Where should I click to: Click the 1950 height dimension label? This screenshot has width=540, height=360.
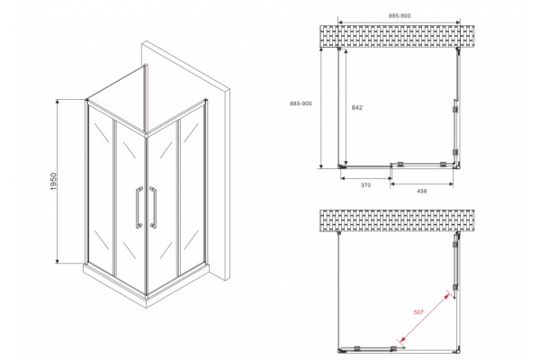click(53, 182)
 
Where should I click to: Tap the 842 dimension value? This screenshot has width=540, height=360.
click(356, 107)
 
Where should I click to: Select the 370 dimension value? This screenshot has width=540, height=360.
click(365, 185)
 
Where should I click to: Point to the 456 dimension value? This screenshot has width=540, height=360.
click(422, 191)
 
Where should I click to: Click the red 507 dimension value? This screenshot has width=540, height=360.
click(418, 312)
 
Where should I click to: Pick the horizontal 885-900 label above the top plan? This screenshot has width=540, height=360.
click(400, 16)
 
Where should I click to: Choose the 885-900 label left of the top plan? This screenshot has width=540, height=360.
click(301, 103)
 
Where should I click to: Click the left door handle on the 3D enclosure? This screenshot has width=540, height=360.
click(139, 207)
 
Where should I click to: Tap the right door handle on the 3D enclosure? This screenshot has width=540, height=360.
click(153, 207)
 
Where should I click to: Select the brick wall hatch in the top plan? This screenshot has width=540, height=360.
click(397, 36)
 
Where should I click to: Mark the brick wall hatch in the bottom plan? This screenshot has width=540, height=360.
click(397, 220)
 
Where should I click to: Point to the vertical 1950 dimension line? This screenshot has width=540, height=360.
click(58, 182)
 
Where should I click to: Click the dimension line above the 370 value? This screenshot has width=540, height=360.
click(366, 178)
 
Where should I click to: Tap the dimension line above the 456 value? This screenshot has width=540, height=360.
click(422, 184)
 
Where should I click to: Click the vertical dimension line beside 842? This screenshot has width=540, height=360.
click(346, 107)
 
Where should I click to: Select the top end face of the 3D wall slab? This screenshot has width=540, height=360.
click(186, 66)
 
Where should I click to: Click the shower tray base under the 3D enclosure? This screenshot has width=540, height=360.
click(147, 286)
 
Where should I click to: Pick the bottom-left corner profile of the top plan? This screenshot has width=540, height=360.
click(342, 166)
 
